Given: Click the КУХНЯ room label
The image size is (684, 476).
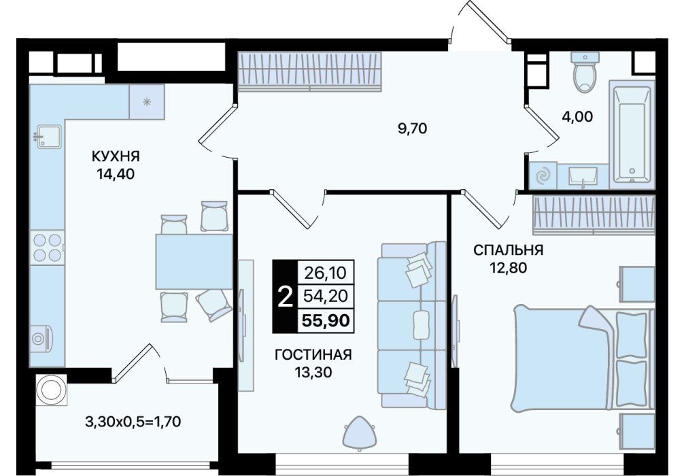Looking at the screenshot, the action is point(116,156).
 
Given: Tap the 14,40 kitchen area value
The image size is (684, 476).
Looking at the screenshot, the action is point(116,174).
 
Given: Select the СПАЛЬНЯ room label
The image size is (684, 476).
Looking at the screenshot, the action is point(508,250).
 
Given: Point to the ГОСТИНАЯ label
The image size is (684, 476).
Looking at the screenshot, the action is point(313,355).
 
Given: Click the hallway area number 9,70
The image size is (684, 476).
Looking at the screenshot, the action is point(412,129).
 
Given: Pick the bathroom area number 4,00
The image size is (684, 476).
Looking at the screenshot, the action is point(577,116).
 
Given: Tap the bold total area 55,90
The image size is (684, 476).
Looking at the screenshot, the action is point(326,321).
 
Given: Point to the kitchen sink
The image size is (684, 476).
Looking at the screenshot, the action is point(49,136).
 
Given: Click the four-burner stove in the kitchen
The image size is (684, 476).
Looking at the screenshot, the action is point(47,248).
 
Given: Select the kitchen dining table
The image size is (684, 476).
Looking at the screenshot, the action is point(194,261).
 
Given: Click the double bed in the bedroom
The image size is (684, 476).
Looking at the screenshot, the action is point(583,358).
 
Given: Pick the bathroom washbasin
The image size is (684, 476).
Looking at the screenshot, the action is point(583,177).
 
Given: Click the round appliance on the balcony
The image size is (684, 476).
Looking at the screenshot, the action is point(52,389).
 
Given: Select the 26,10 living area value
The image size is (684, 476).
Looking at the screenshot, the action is point(325,273).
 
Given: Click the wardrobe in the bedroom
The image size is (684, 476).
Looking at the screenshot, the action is point(594,215).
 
